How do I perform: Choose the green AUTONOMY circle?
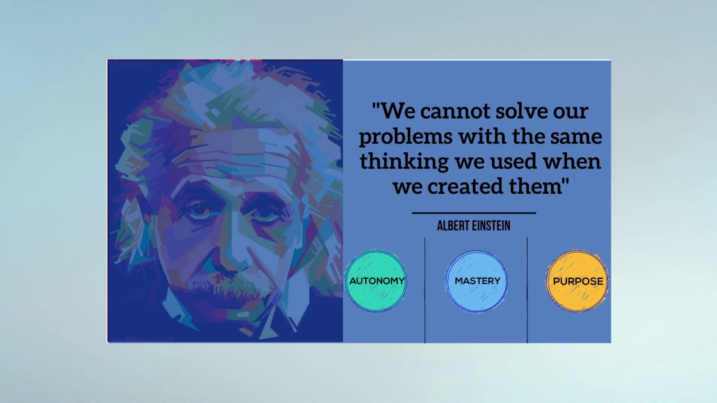[x=376, y=281]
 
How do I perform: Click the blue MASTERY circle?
[x=477, y=281]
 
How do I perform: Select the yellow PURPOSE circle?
[x=577, y=281]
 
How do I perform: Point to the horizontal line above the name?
[x=474, y=213]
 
